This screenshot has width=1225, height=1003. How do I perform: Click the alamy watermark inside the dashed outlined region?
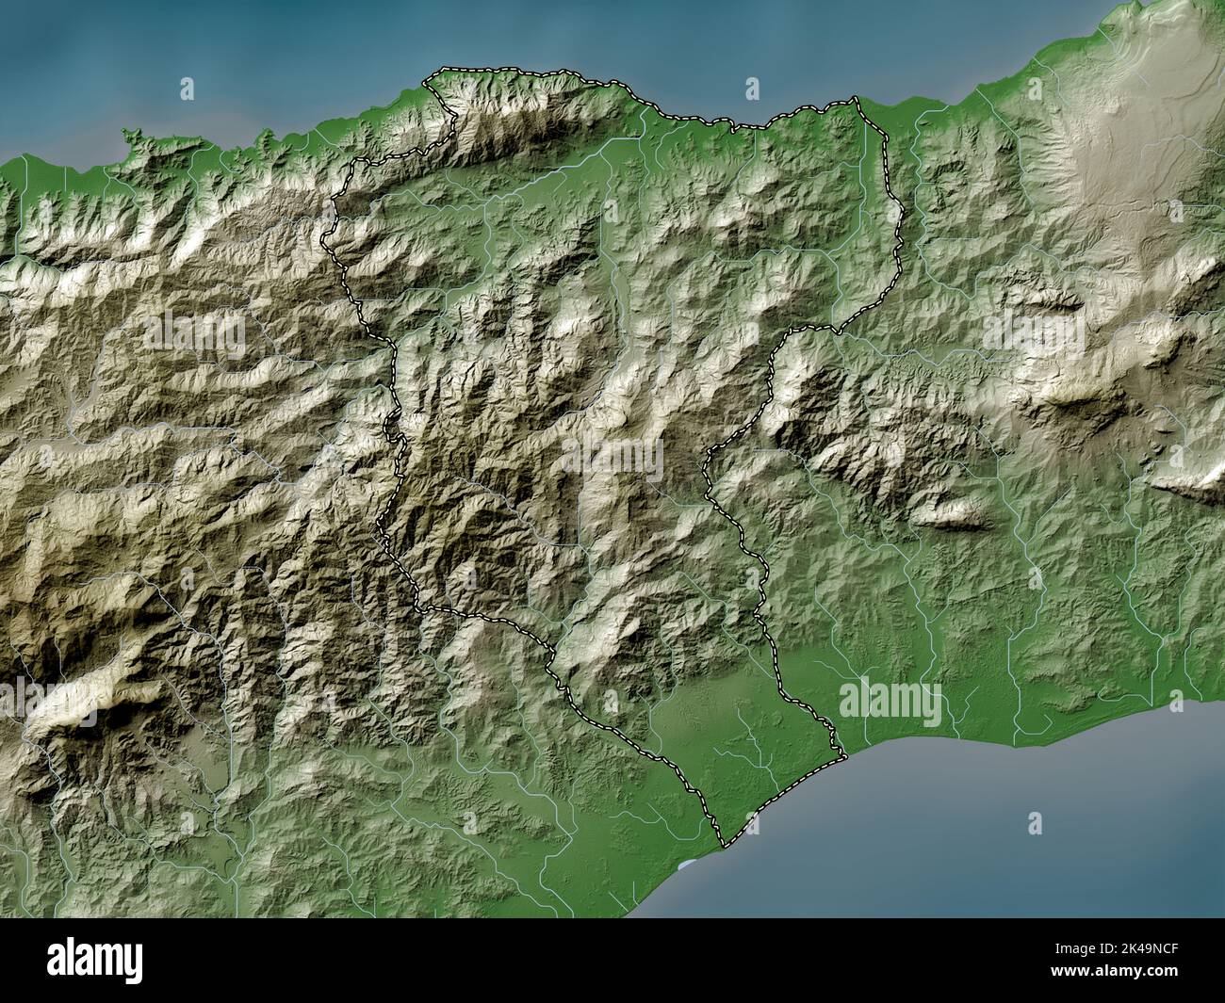(x=612, y=458)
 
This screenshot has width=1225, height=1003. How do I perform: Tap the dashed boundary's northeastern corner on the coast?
(x=853, y=98)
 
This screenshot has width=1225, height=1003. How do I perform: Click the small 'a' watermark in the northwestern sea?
(x=187, y=89)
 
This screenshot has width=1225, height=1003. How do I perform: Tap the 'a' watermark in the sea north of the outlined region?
(x=751, y=89)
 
